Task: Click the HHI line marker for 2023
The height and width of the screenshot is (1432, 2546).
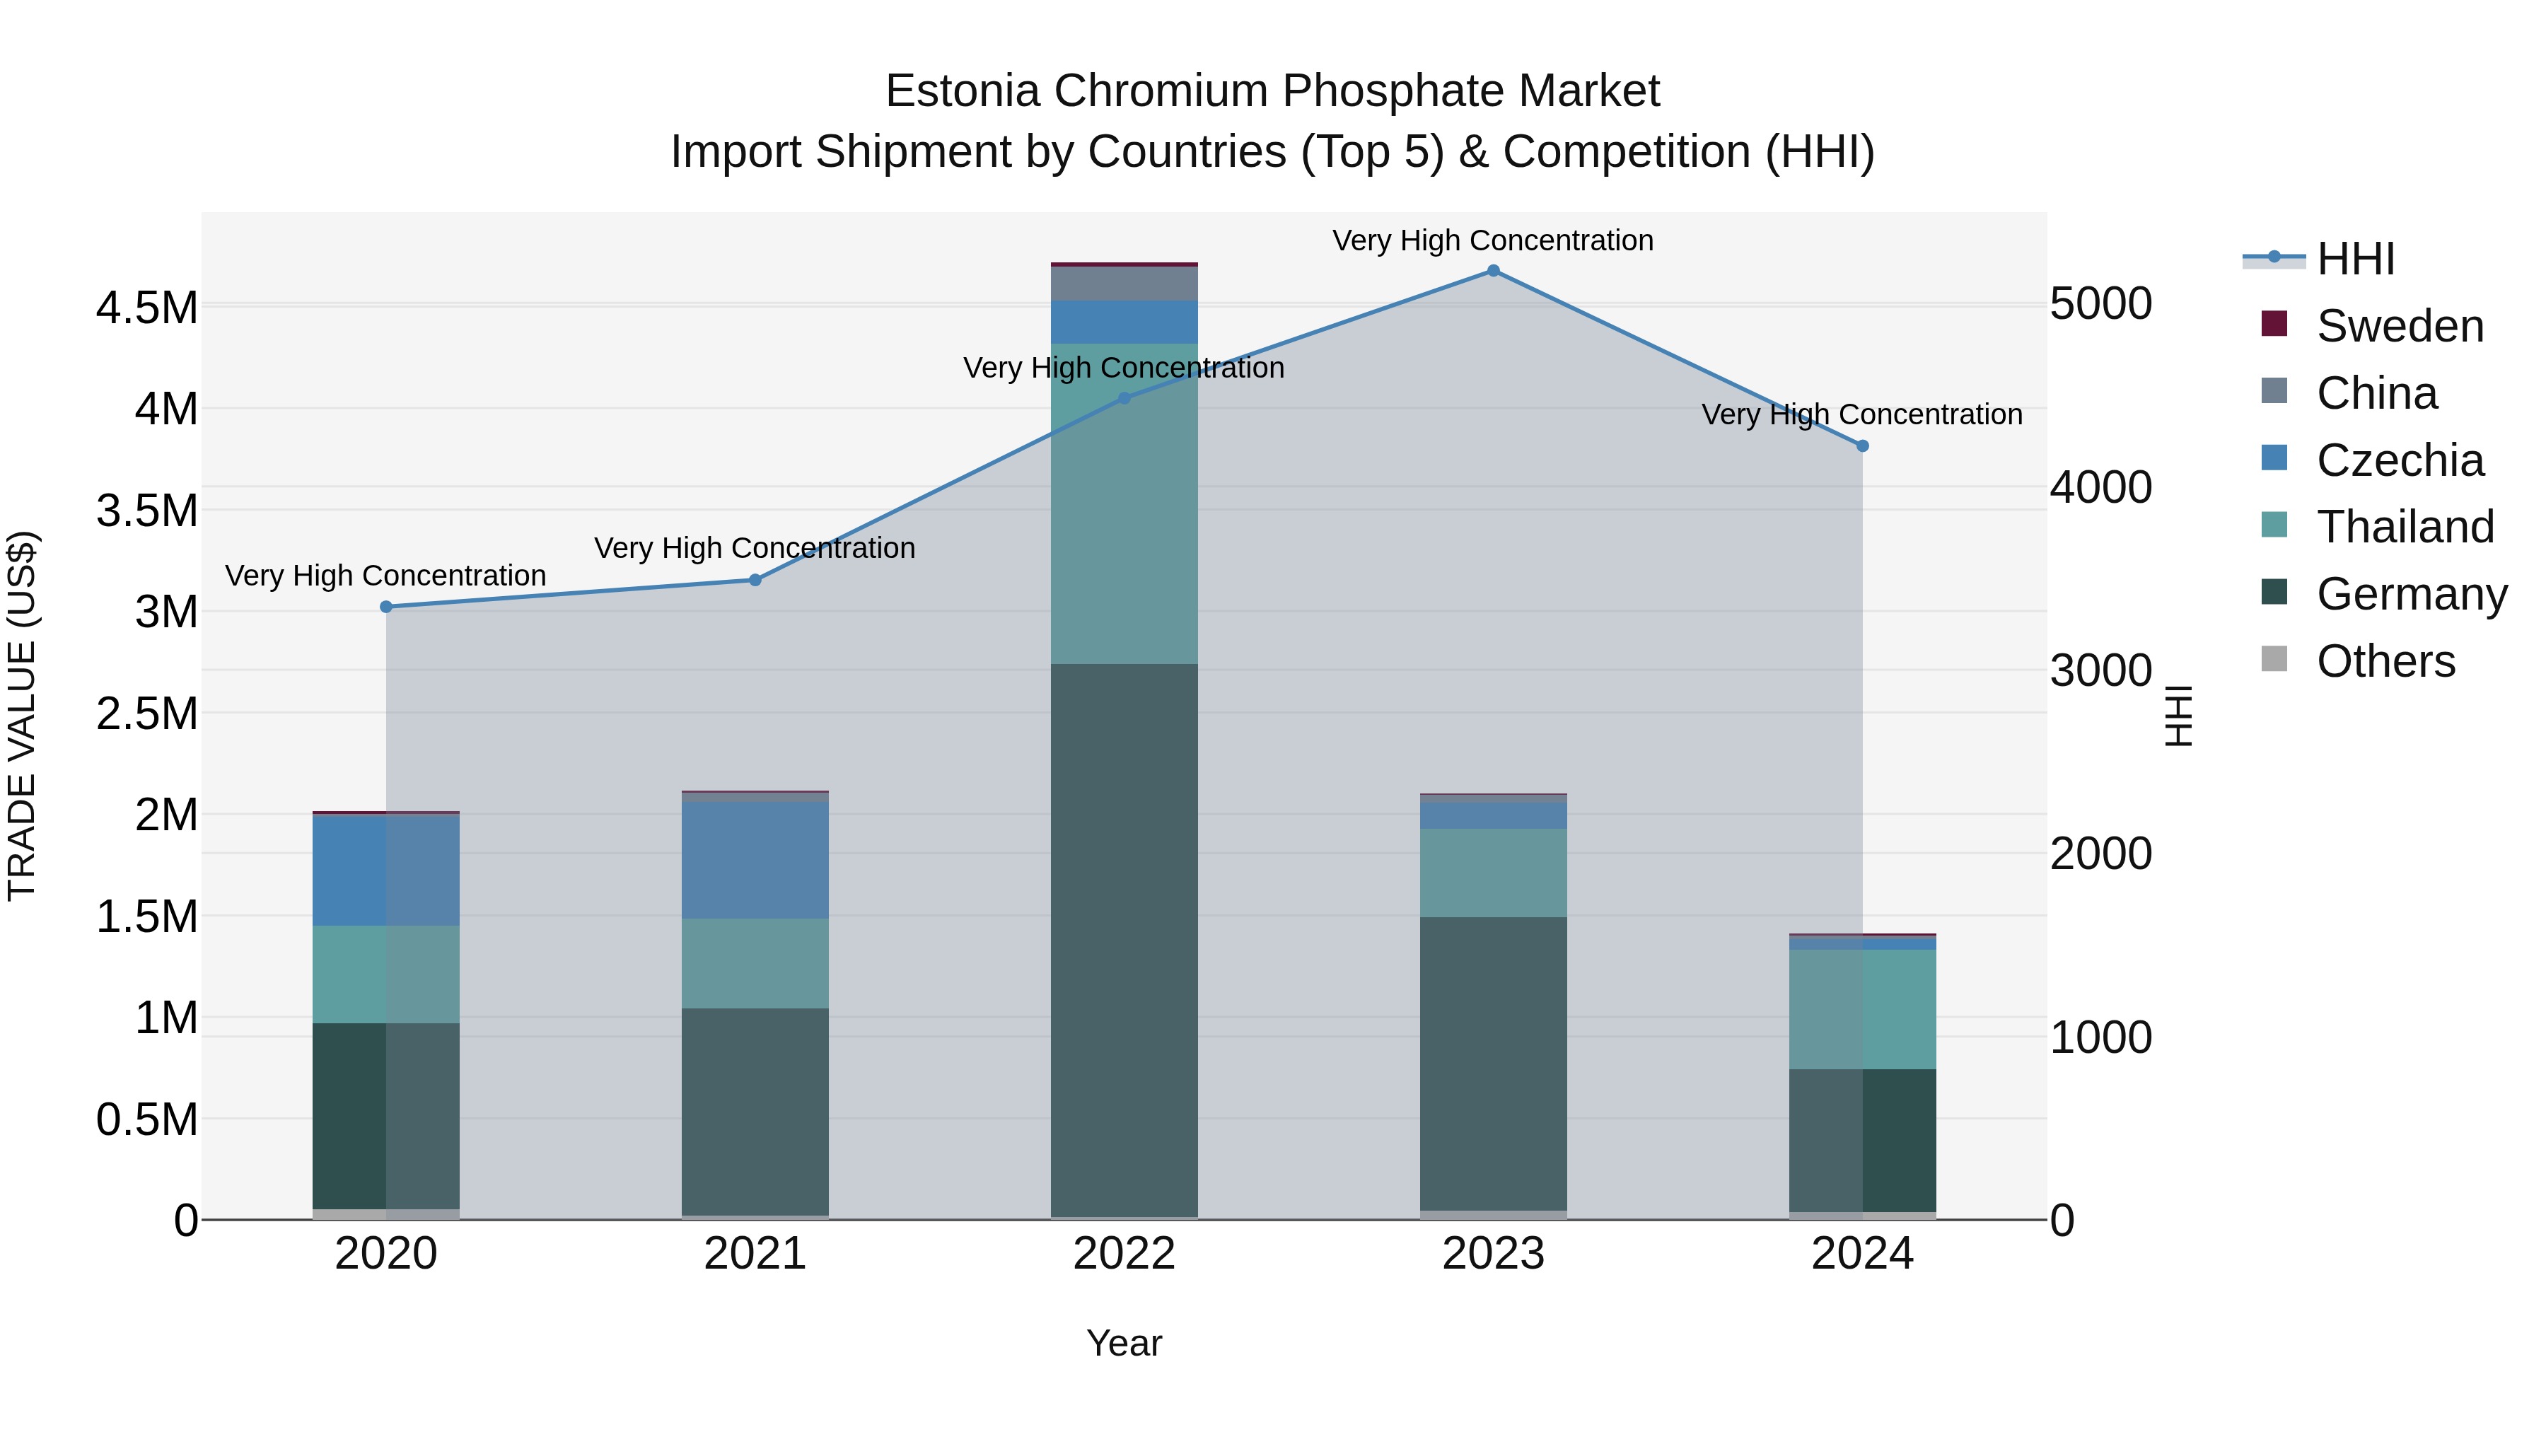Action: click(1492, 271)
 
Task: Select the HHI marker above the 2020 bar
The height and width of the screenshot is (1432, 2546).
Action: click(385, 607)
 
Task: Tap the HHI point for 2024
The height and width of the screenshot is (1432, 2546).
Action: click(1862, 446)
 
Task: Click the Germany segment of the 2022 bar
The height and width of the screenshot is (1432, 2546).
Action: click(1124, 939)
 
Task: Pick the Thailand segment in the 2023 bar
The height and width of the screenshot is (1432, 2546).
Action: click(1492, 873)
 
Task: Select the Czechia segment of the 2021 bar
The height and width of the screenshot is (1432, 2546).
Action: click(755, 860)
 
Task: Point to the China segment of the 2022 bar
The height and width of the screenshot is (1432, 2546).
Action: click(1124, 284)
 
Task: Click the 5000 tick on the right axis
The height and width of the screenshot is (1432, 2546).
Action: click(2100, 303)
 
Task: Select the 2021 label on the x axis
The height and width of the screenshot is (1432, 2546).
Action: click(755, 1254)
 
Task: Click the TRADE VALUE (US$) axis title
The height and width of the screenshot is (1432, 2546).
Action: click(22, 716)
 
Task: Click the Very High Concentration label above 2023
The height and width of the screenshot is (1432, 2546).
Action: click(1492, 240)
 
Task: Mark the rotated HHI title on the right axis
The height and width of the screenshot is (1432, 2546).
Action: click(2178, 716)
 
